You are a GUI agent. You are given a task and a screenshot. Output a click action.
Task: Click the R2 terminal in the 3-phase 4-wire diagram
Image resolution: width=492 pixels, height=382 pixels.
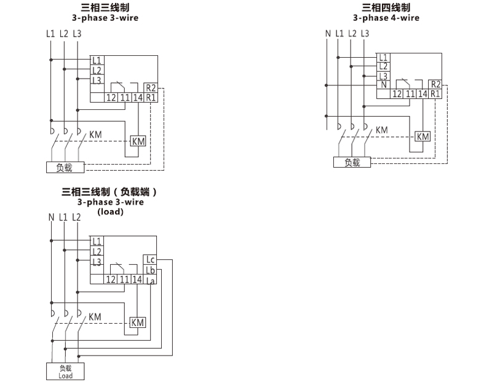(435, 84)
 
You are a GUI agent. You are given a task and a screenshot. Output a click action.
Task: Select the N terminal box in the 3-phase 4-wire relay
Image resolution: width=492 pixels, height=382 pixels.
(383, 85)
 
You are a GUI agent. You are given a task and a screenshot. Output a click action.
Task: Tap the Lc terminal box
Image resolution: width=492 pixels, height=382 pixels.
(150, 260)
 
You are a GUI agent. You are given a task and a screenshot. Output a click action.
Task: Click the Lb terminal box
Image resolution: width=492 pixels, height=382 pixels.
(150, 270)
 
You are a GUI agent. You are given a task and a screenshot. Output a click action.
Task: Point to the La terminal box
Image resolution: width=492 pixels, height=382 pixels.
(150, 280)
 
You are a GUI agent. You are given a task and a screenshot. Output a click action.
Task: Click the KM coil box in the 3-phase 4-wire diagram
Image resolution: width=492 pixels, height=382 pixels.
(423, 136)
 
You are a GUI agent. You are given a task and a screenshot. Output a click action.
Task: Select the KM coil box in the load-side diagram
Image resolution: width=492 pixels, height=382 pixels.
(138, 322)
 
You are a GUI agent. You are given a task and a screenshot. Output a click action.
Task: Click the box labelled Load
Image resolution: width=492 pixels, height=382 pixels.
(65, 372)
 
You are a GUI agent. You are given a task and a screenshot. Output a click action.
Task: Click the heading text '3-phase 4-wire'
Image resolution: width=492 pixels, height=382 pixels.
(386, 18)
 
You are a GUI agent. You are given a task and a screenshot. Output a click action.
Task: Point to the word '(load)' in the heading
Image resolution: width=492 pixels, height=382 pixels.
(111, 211)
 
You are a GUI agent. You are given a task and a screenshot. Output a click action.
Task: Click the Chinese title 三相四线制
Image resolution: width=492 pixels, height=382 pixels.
(386, 7)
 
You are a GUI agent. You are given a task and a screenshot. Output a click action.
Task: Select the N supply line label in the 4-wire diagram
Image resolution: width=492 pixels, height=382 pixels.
(328, 33)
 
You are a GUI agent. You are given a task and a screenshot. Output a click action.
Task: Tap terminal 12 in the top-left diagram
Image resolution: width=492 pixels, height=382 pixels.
(111, 97)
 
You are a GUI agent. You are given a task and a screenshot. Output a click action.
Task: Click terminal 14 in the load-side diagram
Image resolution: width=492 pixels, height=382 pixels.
(138, 279)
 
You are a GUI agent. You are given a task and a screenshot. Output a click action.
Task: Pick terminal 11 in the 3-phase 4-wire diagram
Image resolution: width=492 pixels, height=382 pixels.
(409, 94)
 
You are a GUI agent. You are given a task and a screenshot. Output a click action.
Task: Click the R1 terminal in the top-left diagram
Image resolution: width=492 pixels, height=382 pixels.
(151, 97)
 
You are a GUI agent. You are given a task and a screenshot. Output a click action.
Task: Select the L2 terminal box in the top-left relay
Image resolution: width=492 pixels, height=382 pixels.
(96, 71)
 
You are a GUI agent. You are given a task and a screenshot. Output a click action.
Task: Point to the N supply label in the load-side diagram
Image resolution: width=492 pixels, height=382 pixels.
(51, 217)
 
